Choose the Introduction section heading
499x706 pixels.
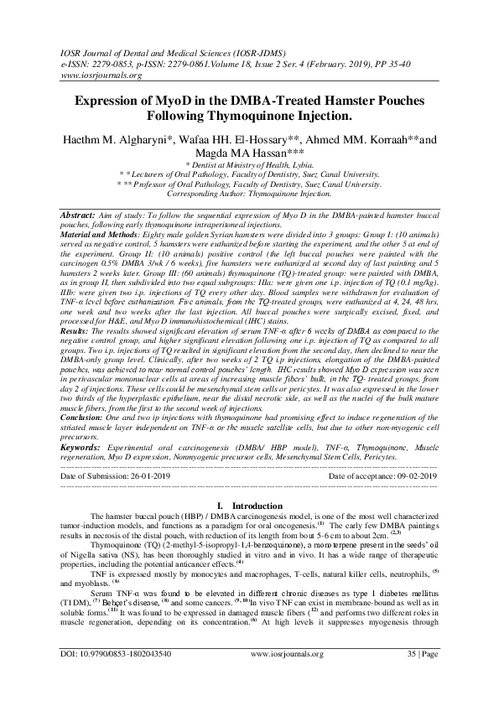tap(249, 506)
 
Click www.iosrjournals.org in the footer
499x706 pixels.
tap(249, 672)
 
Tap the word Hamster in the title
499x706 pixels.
tap(345, 101)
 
